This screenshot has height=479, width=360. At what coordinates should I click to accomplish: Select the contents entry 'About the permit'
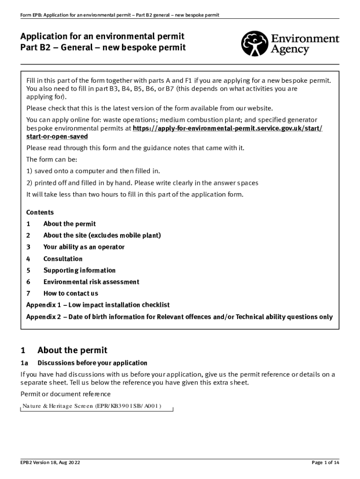70,224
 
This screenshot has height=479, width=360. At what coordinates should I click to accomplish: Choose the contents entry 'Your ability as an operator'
84,247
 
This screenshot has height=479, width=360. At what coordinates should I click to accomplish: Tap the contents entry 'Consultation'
63,259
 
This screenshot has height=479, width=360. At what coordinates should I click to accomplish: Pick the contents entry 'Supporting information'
79,270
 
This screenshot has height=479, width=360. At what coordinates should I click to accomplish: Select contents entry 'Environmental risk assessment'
91,282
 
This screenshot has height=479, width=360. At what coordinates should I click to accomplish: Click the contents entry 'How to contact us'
71,294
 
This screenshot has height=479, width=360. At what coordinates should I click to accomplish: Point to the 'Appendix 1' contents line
98,305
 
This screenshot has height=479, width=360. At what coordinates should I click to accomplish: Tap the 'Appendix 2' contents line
179,317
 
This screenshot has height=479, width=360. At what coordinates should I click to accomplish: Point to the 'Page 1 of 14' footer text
325,463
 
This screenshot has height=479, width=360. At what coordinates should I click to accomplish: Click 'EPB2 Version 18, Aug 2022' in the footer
50,463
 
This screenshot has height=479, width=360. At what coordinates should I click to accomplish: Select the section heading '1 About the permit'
64,350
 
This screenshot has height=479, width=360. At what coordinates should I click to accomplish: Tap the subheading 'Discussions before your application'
92,363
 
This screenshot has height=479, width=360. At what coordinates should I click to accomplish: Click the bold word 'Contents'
40,212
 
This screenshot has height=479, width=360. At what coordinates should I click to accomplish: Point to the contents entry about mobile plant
102,235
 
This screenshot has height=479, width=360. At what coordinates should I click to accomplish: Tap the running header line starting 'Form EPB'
120,15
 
